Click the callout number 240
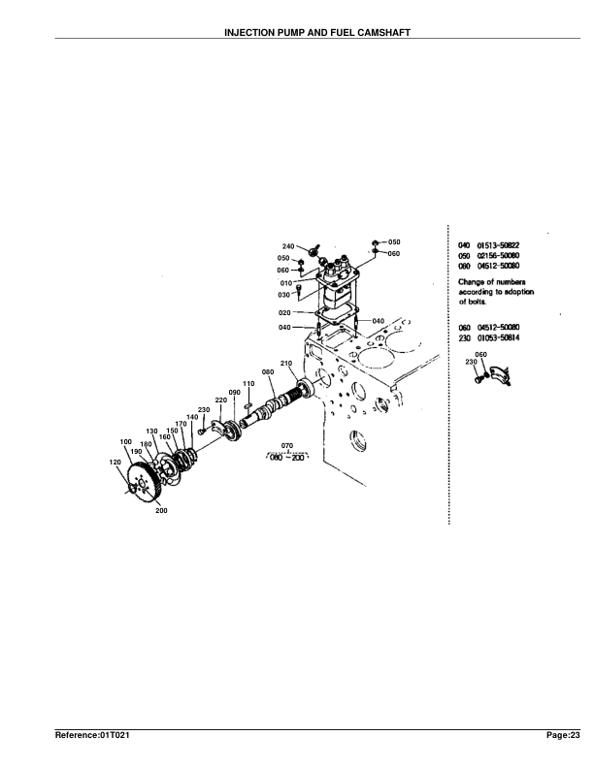(288, 246)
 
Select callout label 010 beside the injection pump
(286, 283)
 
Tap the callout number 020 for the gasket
(284, 313)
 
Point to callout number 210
(286, 363)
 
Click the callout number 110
(247, 384)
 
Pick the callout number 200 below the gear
(160, 510)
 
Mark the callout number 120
(117, 463)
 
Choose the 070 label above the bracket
(287, 445)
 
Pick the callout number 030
(285, 294)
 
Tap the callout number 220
(220, 400)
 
